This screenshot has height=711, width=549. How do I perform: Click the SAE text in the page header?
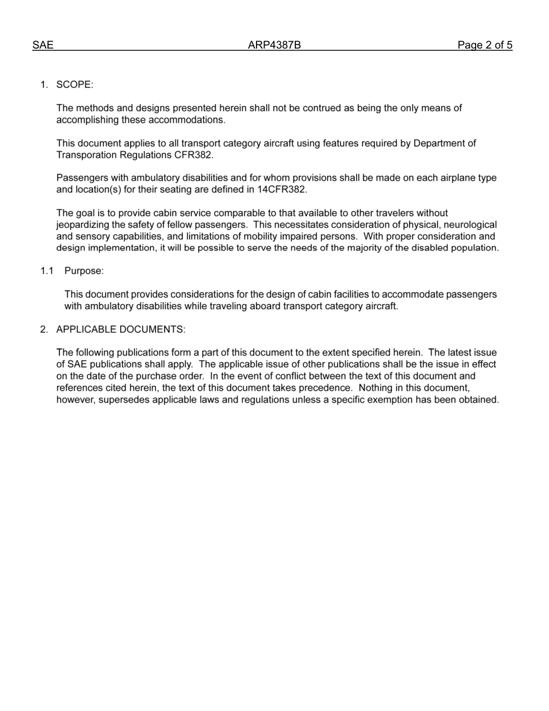43,45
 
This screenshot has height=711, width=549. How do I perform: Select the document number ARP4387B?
274,45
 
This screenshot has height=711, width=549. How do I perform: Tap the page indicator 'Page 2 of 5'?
485,45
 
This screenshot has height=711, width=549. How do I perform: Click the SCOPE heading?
74,85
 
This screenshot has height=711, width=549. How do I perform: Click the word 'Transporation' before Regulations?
84,155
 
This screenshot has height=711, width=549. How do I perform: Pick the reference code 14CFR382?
281,190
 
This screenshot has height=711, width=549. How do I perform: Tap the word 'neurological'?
469,225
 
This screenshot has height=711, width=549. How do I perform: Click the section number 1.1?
47,271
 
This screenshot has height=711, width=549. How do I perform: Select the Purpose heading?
84,271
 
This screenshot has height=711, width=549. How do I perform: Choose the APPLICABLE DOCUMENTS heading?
120,329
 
